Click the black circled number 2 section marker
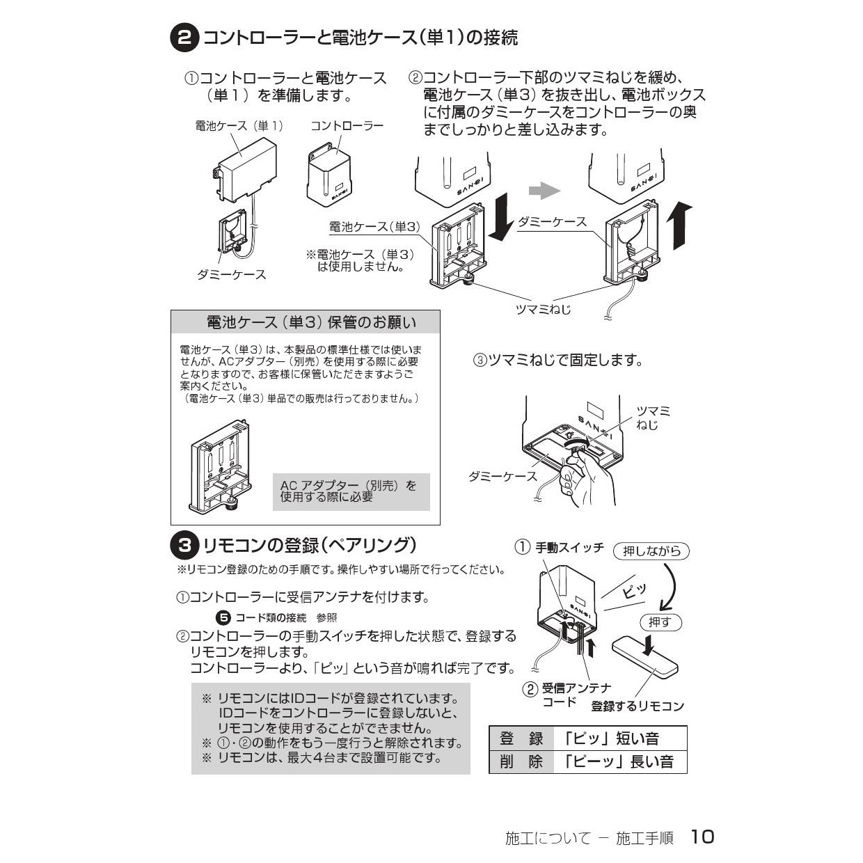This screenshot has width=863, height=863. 184,38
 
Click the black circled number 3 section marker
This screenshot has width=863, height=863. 184,546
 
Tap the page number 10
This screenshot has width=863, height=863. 702,836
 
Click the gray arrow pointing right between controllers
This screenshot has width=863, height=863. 544,191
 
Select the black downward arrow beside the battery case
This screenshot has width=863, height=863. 501,217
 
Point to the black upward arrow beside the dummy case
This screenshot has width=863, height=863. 679,225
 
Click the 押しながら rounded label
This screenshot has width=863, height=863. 651,551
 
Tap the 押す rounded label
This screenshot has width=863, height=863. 660,622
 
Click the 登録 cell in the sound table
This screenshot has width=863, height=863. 521,738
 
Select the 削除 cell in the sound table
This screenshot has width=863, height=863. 521,761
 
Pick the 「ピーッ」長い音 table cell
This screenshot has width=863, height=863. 620,761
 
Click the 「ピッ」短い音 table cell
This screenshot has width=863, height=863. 620,738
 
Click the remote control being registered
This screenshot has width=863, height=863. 645,656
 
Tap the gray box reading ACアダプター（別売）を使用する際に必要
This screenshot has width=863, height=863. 351,492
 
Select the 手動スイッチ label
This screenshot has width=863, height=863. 570,547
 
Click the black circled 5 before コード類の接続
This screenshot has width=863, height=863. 223,618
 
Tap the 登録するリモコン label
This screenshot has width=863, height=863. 638,706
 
